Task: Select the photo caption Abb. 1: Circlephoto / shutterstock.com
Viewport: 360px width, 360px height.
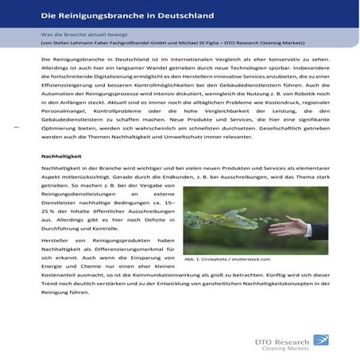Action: (226, 258)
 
